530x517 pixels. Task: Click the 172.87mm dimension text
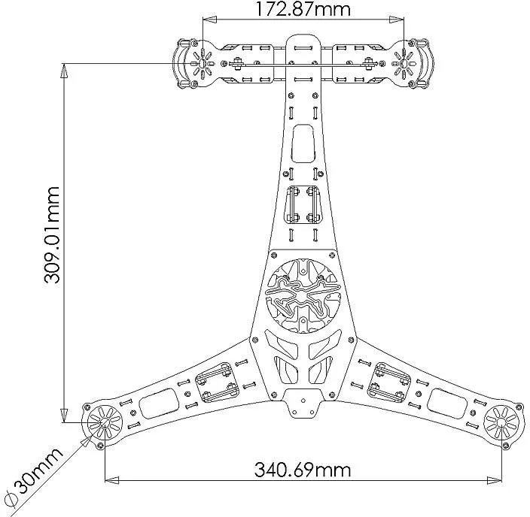[x=302, y=10]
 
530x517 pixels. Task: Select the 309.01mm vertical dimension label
[x=53, y=235]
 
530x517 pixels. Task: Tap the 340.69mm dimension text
[x=303, y=470]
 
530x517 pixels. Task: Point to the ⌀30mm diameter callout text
[x=35, y=477]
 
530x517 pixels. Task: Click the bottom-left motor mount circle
[x=104, y=422]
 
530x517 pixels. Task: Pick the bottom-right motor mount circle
[x=501, y=422]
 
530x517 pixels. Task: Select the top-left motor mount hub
[x=202, y=63]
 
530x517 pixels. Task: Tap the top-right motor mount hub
[x=404, y=63]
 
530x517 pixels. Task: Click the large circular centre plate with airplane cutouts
[x=303, y=295]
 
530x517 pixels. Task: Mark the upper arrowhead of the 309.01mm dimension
[x=64, y=71]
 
